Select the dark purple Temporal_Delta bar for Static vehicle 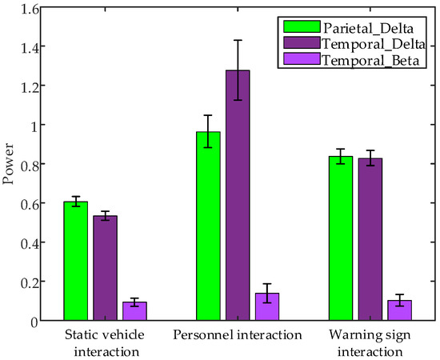click(105, 268)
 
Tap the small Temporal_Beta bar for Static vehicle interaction click(134, 311)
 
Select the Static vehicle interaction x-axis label click(105, 342)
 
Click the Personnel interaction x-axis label click(237, 334)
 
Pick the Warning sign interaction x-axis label click(370, 342)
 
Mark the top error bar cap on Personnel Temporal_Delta click(238, 40)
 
